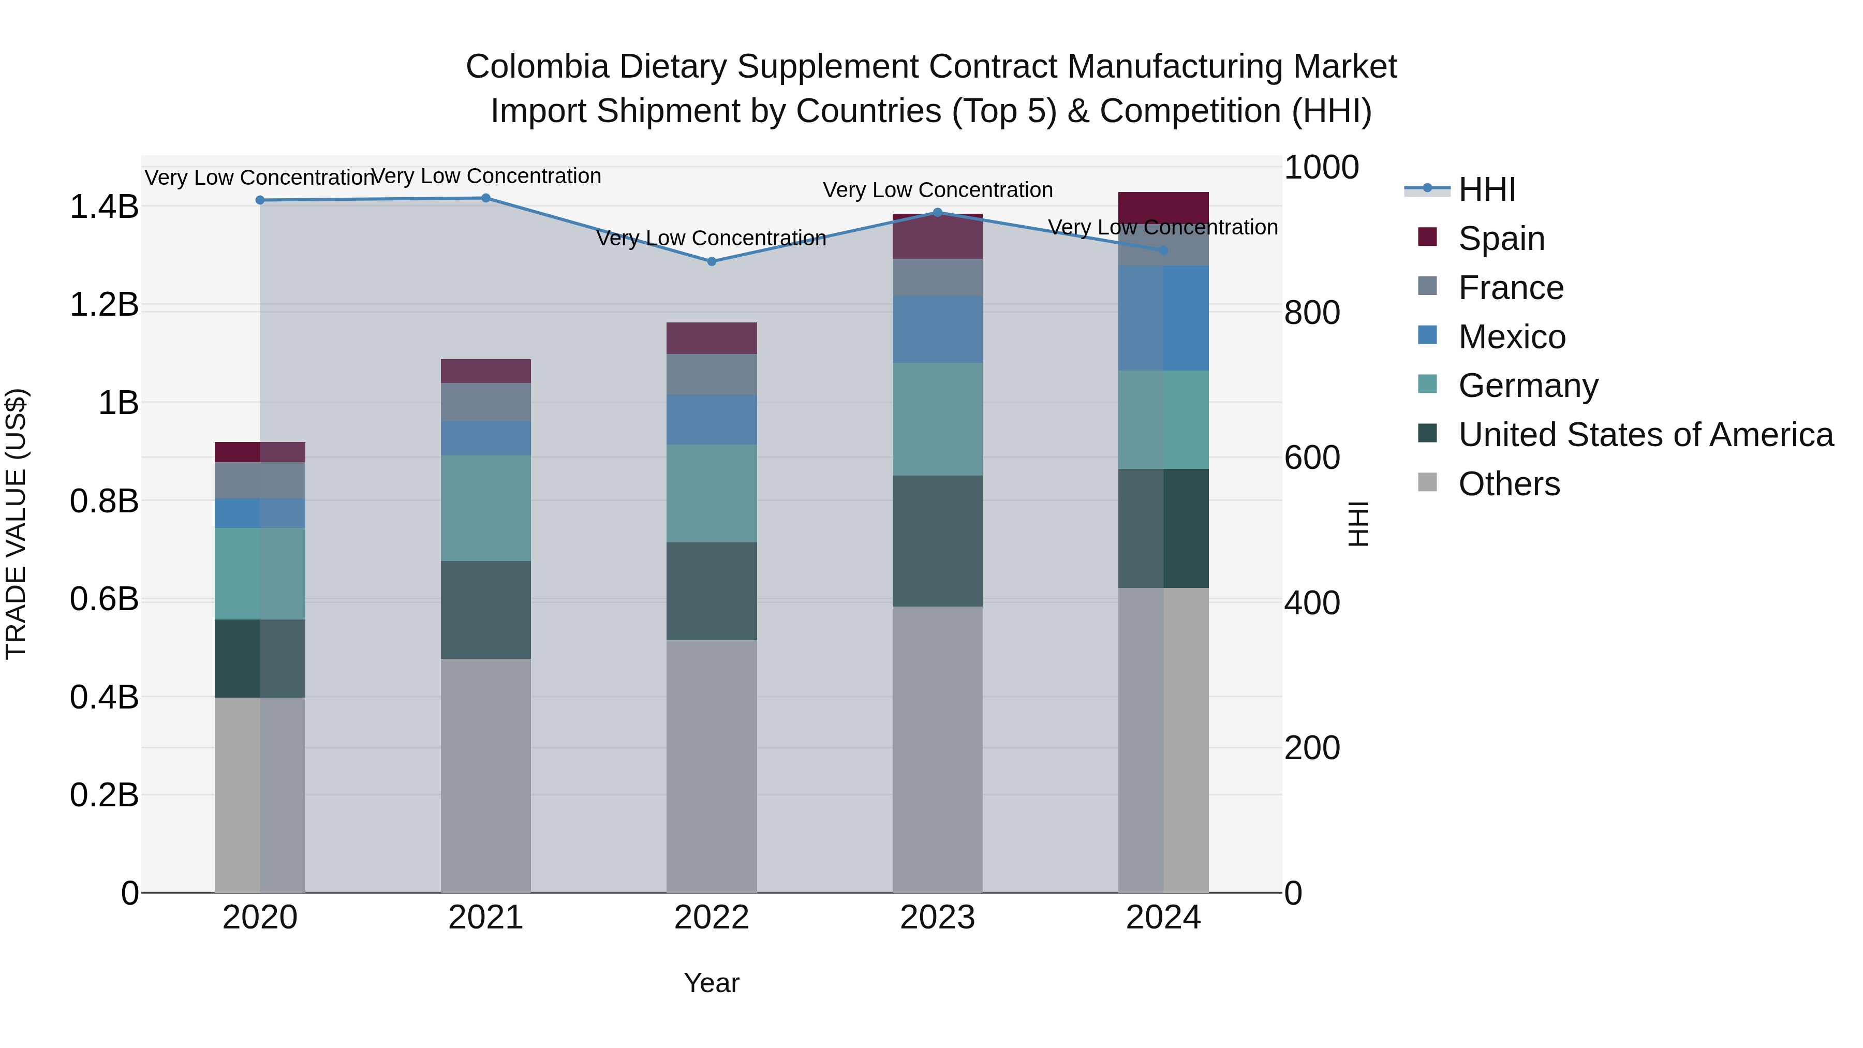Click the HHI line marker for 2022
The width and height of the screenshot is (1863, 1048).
711,262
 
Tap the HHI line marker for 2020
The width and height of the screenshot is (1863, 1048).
260,200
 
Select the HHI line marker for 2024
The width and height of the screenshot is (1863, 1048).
1163,250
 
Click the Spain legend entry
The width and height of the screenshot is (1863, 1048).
1501,239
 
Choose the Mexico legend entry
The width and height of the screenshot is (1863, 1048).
1512,337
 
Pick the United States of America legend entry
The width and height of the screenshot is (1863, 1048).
1645,435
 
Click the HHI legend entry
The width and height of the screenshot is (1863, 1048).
1487,189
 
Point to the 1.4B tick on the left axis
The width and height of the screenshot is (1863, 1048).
103,208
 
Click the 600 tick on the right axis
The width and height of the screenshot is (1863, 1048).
1312,458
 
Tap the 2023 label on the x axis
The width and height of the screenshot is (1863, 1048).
937,918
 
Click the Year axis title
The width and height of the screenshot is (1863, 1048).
711,983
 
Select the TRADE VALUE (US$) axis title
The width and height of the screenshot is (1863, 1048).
16,524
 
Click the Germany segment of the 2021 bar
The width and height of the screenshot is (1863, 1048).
485,508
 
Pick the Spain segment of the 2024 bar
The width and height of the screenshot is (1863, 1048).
1163,208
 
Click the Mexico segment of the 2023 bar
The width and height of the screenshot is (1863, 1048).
937,329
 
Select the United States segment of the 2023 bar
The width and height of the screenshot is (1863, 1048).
937,540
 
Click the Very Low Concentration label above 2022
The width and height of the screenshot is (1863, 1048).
711,238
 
